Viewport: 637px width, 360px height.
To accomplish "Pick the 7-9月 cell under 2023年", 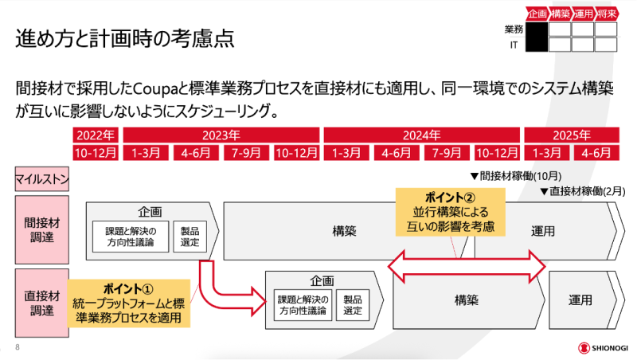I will [x=246, y=151].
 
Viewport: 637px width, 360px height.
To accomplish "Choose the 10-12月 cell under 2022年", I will [x=96, y=151].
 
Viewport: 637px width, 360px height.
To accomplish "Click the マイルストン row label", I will [x=41, y=180].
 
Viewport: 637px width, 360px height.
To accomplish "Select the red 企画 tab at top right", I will [x=537, y=13].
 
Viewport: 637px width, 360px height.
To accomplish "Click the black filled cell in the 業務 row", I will [x=537, y=29].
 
